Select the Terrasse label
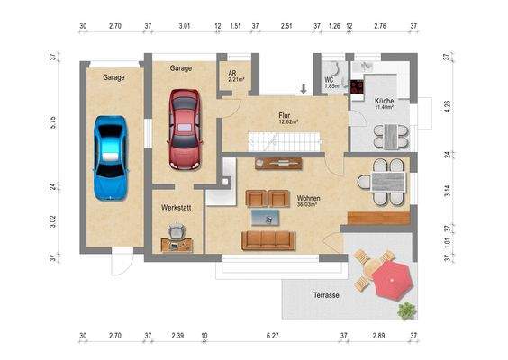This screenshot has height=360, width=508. click(x=326, y=295)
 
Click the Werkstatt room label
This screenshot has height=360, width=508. click(x=175, y=208)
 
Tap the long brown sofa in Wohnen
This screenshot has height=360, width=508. click(x=268, y=239)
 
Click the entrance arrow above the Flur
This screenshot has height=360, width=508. click(x=304, y=88)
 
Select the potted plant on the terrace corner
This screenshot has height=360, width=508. click(x=407, y=310)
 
